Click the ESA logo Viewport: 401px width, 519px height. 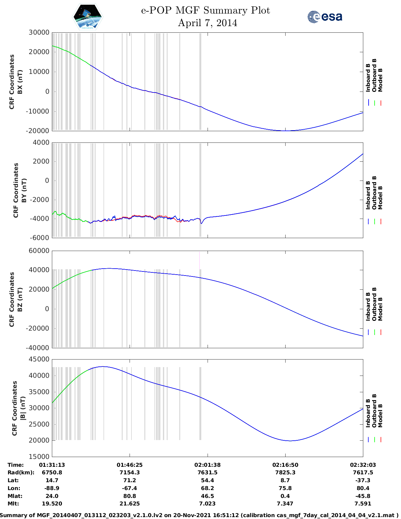(x=325, y=17)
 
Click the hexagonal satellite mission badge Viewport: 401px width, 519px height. (x=88, y=17)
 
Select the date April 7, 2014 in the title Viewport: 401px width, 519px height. (x=208, y=23)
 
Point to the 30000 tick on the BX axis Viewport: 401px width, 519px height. (x=39, y=32)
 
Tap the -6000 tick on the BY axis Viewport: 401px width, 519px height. (x=40, y=238)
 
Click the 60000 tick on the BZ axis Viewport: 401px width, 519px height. (x=39, y=251)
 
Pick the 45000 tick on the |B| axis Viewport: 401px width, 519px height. (x=39, y=359)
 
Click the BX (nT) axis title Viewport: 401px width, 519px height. (x=20, y=82)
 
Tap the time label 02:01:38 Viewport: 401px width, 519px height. (x=207, y=465)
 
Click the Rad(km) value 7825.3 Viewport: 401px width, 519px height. (x=285, y=472)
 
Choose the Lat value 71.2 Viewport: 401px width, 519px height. (x=130, y=480)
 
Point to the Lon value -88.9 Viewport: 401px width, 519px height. (x=52, y=488)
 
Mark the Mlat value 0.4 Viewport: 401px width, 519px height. (x=285, y=496)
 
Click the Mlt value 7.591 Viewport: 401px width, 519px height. (x=363, y=504)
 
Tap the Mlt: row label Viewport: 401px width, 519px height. (x=13, y=504)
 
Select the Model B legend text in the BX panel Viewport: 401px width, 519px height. (x=380, y=80)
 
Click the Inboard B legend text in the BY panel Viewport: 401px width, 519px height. (x=368, y=195)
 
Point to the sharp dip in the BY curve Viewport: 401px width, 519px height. (x=201, y=223)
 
